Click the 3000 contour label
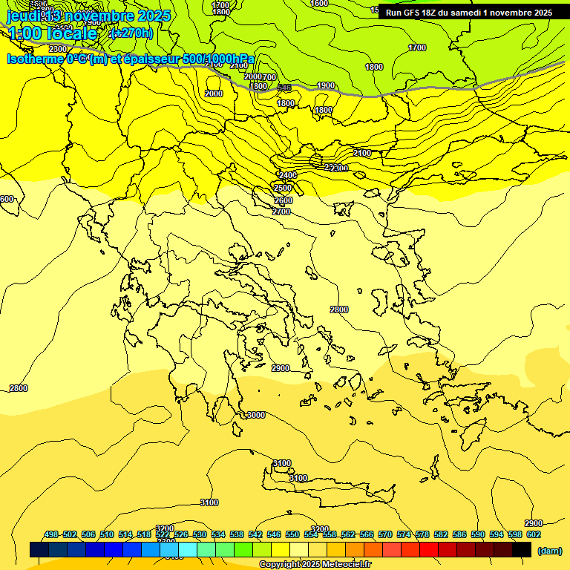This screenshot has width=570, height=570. pyautogui.click(x=256, y=415)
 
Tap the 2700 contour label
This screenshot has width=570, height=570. pyautogui.click(x=281, y=212)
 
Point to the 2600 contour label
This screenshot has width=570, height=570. pyautogui.click(x=283, y=200)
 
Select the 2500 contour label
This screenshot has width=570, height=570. pyautogui.click(x=283, y=188)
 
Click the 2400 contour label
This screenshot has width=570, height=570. pyautogui.click(x=287, y=175)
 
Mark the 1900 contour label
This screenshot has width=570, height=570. pyautogui.click(x=326, y=86)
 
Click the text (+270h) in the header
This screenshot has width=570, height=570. pyautogui.click(x=131, y=33)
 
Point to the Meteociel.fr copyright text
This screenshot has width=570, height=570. pyautogui.click(x=315, y=565)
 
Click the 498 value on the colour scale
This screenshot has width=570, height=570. pyautogui.click(x=51, y=534)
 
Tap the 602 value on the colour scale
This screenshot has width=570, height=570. pyautogui.click(x=534, y=534)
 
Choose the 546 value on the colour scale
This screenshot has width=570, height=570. pyautogui.click(x=274, y=534)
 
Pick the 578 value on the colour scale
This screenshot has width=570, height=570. pyautogui.click(x=422, y=534)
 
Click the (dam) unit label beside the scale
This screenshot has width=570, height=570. pyautogui.click(x=550, y=551)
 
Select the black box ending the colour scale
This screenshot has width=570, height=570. pyautogui.click(x=522, y=550)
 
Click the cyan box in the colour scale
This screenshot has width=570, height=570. pyautogui.click(x=188, y=550)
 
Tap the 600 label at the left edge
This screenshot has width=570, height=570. pyautogui.click(x=7, y=199)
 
